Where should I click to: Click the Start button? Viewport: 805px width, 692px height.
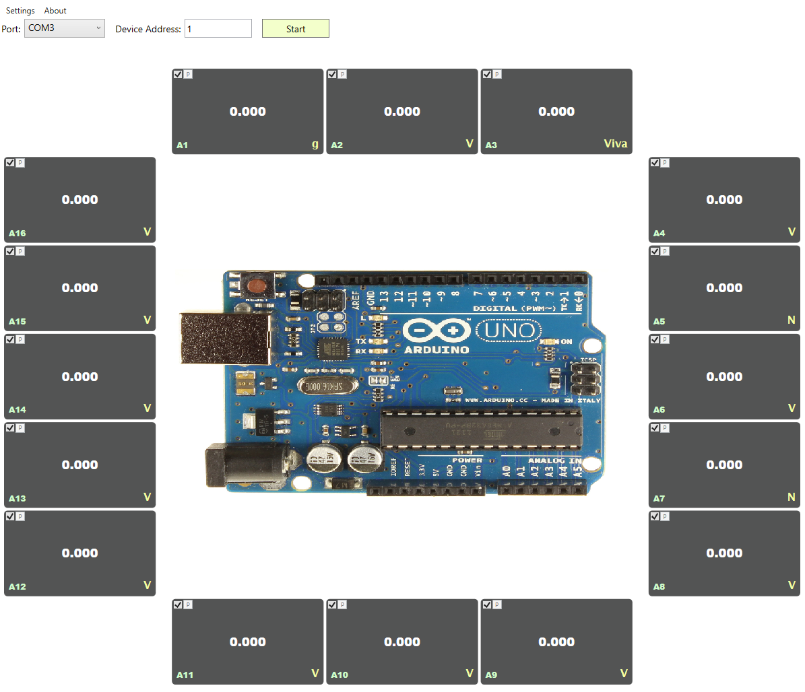click(295, 28)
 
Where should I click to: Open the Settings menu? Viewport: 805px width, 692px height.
click(20, 11)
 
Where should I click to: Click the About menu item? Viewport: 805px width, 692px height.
click(55, 11)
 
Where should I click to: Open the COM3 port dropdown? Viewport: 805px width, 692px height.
click(65, 28)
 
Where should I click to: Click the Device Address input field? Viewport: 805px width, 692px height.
click(218, 28)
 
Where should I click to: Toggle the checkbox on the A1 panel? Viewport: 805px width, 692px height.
click(178, 74)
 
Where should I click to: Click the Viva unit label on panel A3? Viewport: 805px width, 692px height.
click(615, 143)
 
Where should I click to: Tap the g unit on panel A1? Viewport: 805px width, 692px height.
click(315, 143)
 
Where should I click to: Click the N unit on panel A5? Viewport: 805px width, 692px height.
click(791, 320)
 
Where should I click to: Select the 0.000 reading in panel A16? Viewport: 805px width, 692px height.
click(79, 199)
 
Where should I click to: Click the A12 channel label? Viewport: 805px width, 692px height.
click(18, 586)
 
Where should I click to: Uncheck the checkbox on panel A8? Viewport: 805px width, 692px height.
click(655, 516)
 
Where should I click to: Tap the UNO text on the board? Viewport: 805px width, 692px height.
click(509, 331)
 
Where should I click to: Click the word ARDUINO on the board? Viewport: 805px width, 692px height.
click(437, 350)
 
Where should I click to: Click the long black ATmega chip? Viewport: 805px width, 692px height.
click(481, 428)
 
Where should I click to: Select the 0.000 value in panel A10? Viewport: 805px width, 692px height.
click(401, 642)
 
